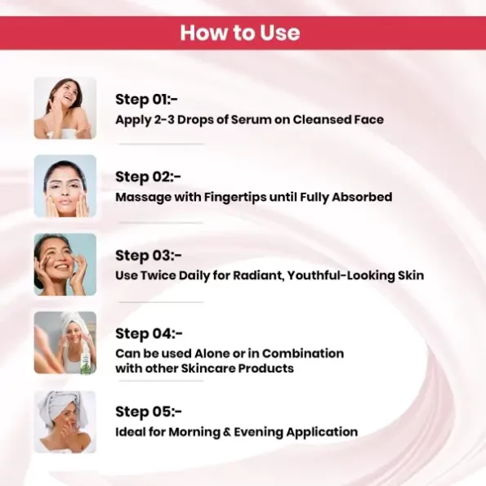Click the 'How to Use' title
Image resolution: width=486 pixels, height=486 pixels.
[240, 33]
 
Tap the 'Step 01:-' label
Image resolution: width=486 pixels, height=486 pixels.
[146, 100]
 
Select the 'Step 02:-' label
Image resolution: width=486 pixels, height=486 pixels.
[148, 177]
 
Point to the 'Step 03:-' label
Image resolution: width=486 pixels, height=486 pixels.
[148, 256]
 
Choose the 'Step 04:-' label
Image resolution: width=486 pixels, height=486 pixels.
[149, 334]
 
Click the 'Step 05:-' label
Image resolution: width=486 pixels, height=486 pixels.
[149, 412]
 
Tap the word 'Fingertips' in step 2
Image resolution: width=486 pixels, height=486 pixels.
[235, 198]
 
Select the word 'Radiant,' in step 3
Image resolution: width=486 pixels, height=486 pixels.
[259, 275]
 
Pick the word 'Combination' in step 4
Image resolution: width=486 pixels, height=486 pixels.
[303, 354]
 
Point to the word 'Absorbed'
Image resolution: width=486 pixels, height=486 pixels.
[362, 197]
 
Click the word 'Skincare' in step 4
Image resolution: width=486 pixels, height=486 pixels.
[207, 368]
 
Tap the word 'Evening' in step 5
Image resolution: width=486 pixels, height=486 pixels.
[258, 433]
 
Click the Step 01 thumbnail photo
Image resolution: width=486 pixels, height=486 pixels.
[65, 108]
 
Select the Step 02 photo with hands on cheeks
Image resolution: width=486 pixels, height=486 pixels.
[65, 186]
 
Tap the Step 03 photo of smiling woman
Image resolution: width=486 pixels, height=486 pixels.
[65, 265]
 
